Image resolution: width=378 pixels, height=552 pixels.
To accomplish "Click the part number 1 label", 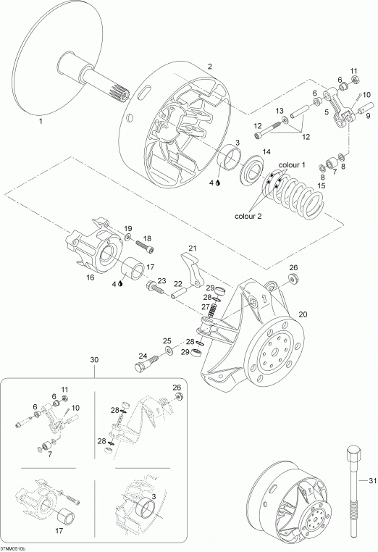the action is coord(41,121).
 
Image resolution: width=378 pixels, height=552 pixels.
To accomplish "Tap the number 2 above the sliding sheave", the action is coord(210,67).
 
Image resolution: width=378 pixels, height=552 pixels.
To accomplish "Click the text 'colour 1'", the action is coord(292,164).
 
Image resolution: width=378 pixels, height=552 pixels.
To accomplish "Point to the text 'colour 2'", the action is coord(248,216).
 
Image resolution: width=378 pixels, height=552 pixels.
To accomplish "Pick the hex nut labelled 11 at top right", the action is coord(355,80).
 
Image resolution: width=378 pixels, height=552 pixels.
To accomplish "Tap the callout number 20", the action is coord(303,314).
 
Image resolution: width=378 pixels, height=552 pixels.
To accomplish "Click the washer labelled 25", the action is coord(169,351).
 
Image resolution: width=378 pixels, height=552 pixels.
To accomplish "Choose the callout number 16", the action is coord(90,277).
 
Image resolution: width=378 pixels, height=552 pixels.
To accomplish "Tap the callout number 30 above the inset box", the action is coord(94,360).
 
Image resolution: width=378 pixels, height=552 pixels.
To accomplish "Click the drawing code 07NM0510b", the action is coord(13,549).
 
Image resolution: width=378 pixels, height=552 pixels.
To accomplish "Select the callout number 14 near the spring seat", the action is coord(266,151).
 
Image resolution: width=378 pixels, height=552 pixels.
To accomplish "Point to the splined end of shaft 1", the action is coord(118,93).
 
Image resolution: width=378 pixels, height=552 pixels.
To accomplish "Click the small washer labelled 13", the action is coord(284,120).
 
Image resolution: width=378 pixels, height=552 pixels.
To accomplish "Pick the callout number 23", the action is coord(161,280).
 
